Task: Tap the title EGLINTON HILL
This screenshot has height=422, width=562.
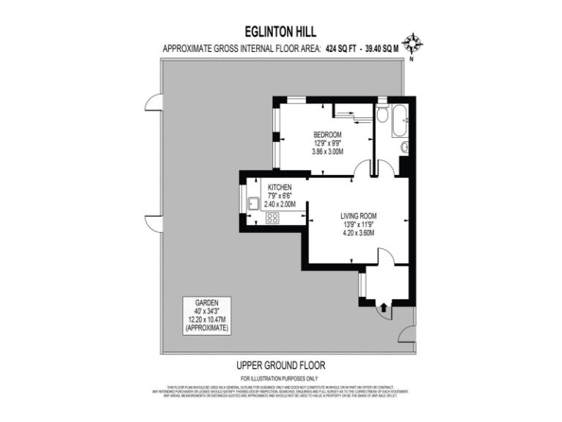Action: pyautogui.click(x=281, y=32)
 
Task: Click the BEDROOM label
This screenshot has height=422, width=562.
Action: pyautogui.click(x=327, y=134)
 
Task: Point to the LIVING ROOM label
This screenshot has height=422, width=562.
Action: pyautogui.click(x=358, y=215)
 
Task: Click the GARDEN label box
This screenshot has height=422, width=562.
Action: pyautogui.click(x=207, y=316)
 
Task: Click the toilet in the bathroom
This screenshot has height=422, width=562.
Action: pyautogui.click(x=382, y=115)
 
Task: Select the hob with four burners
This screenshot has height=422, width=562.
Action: pyautogui.click(x=272, y=218)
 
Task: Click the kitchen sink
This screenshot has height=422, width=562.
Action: pyautogui.click(x=252, y=204)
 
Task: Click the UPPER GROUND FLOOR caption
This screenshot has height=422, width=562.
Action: pyautogui.click(x=281, y=365)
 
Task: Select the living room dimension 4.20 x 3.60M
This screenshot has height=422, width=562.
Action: pyautogui.click(x=358, y=233)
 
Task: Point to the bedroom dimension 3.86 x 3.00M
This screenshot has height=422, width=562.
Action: pyautogui.click(x=327, y=152)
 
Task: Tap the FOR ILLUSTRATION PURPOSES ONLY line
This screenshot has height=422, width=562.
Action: pyautogui.click(x=281, y=378)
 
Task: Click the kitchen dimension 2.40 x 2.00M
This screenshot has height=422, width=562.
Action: pyautogui.click(x=280, y=205)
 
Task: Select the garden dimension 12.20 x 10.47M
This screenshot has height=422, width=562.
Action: pyautogui.click(x=207, y=320)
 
